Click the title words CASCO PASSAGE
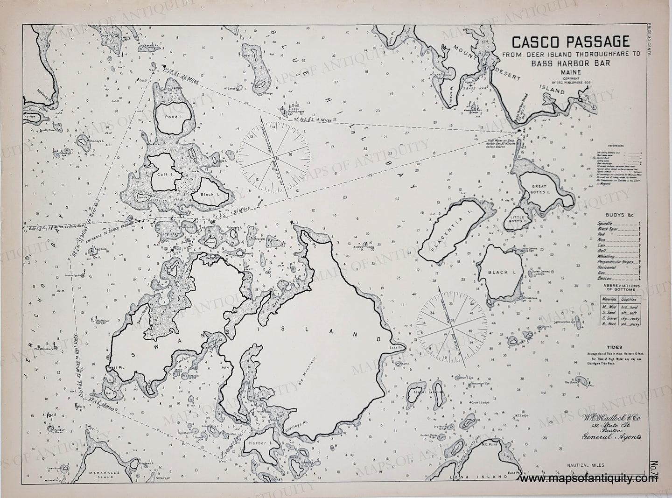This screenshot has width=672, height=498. (x=570, y=42)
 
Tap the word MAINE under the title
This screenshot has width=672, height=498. (x=570, y=73)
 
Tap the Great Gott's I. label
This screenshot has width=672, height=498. (x=539, y=189)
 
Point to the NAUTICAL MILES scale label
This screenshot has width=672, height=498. (x=585, y=465)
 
